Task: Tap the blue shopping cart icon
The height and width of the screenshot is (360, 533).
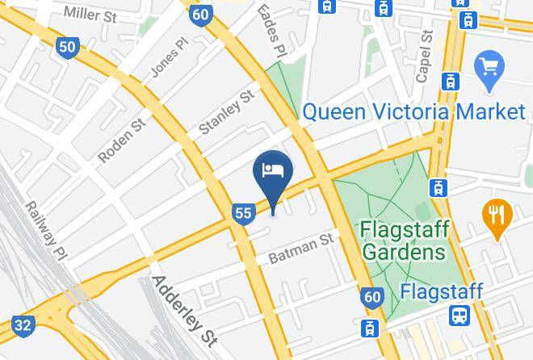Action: point(489,64)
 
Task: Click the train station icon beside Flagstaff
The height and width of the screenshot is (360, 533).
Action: point(460,315)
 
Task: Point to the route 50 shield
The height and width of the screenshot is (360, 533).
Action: point(67,47)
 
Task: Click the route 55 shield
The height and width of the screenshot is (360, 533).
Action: point(243,213)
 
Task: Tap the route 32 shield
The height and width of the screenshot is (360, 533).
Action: point(24,325)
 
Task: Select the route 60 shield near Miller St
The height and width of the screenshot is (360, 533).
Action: point(201,14)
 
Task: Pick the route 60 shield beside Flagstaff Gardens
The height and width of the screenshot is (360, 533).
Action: point(371,297)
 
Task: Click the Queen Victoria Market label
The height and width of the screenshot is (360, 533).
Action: point(414,111)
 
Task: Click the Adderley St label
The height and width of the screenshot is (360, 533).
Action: point(185,311)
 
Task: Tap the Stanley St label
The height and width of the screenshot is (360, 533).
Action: point(227,113)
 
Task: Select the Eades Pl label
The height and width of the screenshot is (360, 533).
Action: point(270,31)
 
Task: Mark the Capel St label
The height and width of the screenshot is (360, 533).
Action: point(425,57)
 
